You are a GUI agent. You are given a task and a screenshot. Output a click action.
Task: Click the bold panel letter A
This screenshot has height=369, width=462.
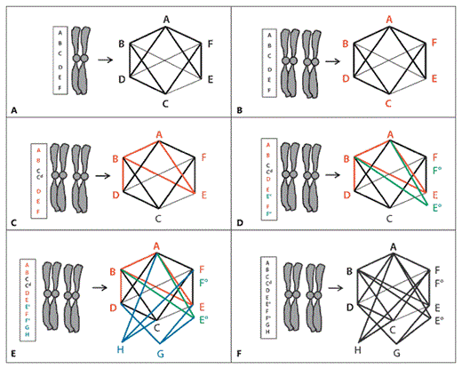pos(13,109)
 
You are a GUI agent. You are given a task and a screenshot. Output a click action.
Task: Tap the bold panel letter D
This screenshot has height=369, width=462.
pos(240,231)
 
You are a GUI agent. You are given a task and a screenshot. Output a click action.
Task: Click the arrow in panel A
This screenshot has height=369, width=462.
pos(105,61)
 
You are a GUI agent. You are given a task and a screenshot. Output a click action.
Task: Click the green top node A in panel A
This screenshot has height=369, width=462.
pos(166,18)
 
